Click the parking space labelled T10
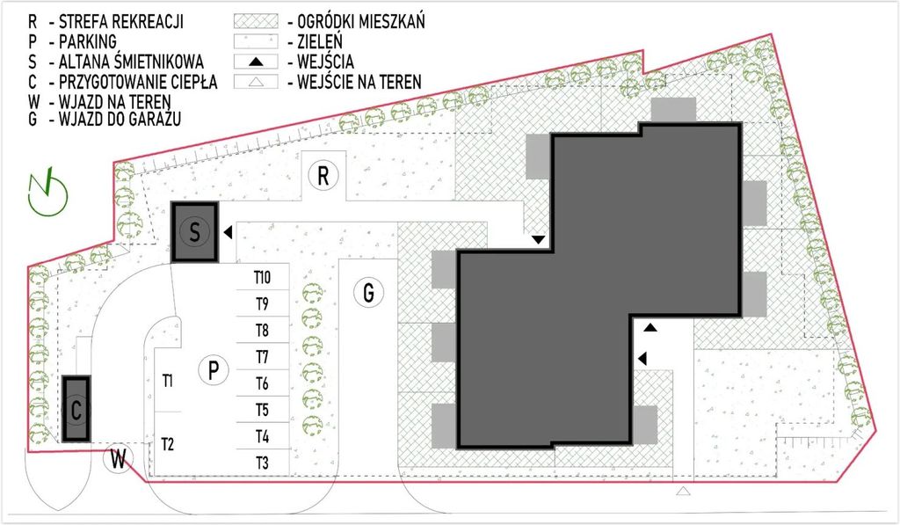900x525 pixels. click(262, 277)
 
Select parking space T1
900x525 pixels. click(168, 380)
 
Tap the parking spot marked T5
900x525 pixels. click(262, 410)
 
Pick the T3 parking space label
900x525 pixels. click(262, 463)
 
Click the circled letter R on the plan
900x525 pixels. click(323, 176)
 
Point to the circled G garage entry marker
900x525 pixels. click(368, 292)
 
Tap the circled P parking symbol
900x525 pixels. click(214, 370)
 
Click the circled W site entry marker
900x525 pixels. click(119, 459)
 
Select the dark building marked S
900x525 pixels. click(194, 232)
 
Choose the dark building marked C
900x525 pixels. click(76, 409)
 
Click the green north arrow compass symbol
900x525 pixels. click(48, 193)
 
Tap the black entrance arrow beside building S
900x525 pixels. click(228, 232)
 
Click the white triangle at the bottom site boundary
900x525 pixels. click(683, 491)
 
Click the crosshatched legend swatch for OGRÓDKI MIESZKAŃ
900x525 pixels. click(256, 21)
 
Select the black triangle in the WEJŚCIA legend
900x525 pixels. click(256, 62)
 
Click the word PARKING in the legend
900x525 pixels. click(88, 41)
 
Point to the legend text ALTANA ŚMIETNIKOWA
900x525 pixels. click(132, 62)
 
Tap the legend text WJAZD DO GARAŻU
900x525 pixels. click(120, 119)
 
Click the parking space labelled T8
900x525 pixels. click(262, 331)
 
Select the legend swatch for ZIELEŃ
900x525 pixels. click(256, 41)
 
